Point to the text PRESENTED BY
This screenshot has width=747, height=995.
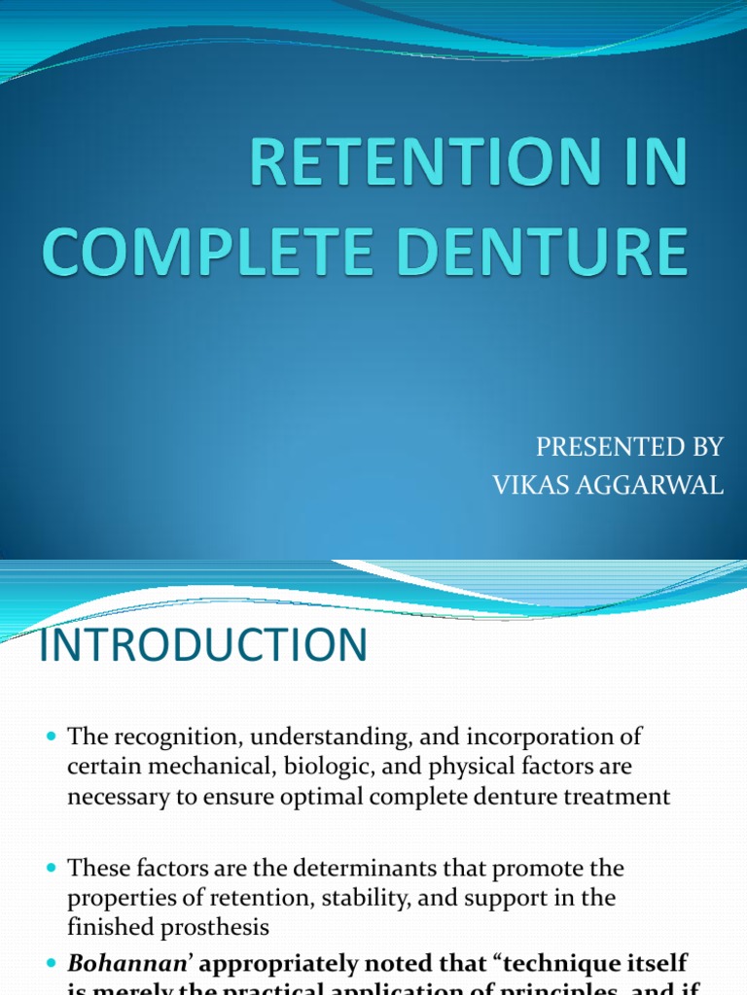(x=629, y=447)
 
